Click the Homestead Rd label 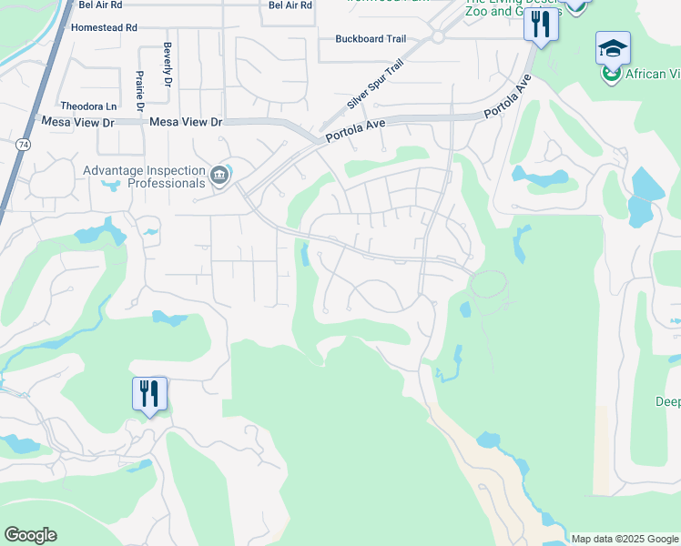[x=107, y=28]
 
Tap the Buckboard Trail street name [x=370, y=39]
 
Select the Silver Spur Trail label [x=374, y=86]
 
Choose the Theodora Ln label [x=88, y=106]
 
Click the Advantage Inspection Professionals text [x=145, y=177]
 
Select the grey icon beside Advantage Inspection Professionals [x=219, y=175]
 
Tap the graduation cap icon [x=613, y=46]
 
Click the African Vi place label [x=647, y=75]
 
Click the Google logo [x=30, y=535]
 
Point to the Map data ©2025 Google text [x=624, y=539]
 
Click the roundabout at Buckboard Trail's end [x=436, y=37]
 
